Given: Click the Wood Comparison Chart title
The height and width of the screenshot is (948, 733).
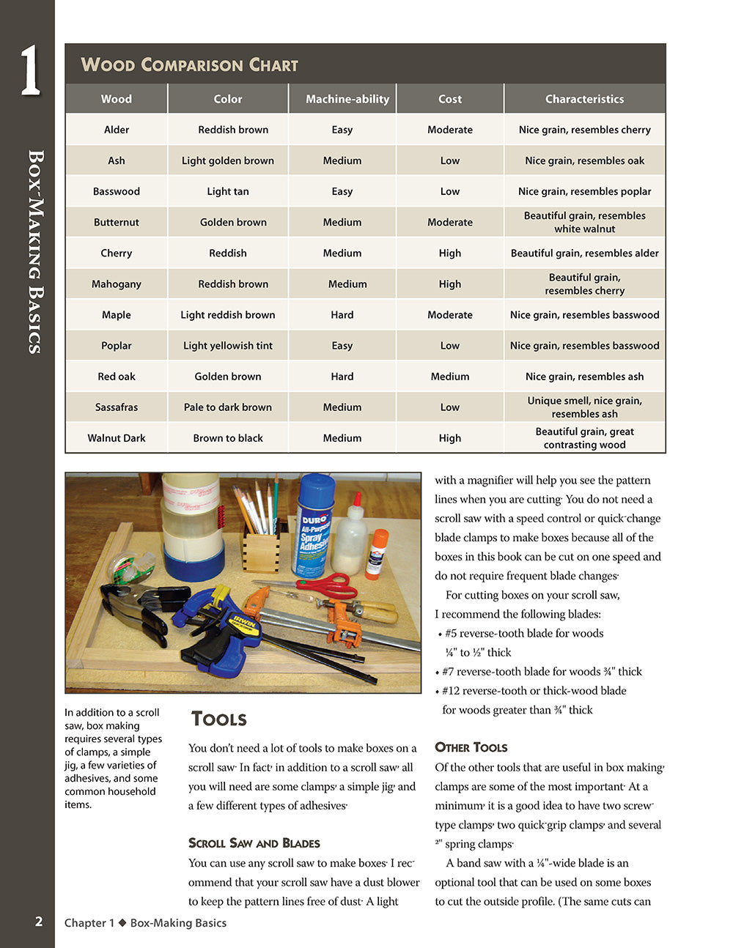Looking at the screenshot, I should (189, 64).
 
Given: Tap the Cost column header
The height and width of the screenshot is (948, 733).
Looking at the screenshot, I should (450, 99).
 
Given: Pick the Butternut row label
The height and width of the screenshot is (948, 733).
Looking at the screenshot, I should (117, 222).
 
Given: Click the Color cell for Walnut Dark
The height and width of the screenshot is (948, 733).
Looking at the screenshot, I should (228, 438).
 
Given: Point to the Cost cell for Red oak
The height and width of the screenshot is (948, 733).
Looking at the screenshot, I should (450, 377).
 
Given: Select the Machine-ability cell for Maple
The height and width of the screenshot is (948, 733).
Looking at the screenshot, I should (342, 315).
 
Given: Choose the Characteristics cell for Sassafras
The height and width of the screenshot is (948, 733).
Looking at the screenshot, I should (585, 407).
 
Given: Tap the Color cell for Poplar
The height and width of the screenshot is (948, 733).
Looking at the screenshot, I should (228, 346).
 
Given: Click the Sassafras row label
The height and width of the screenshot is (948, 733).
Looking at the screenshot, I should (117, 407).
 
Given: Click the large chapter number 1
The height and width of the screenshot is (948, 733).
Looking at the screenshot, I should (29, 71).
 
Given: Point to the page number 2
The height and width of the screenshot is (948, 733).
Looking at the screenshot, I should (39, 922).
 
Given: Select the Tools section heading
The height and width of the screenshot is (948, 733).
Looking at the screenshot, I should (218, 719).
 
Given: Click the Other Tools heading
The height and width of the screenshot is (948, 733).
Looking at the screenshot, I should (471, 747).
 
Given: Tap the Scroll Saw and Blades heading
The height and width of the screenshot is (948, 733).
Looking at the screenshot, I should (254, 843).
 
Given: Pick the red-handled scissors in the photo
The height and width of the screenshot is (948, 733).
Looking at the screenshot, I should (323, 586).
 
